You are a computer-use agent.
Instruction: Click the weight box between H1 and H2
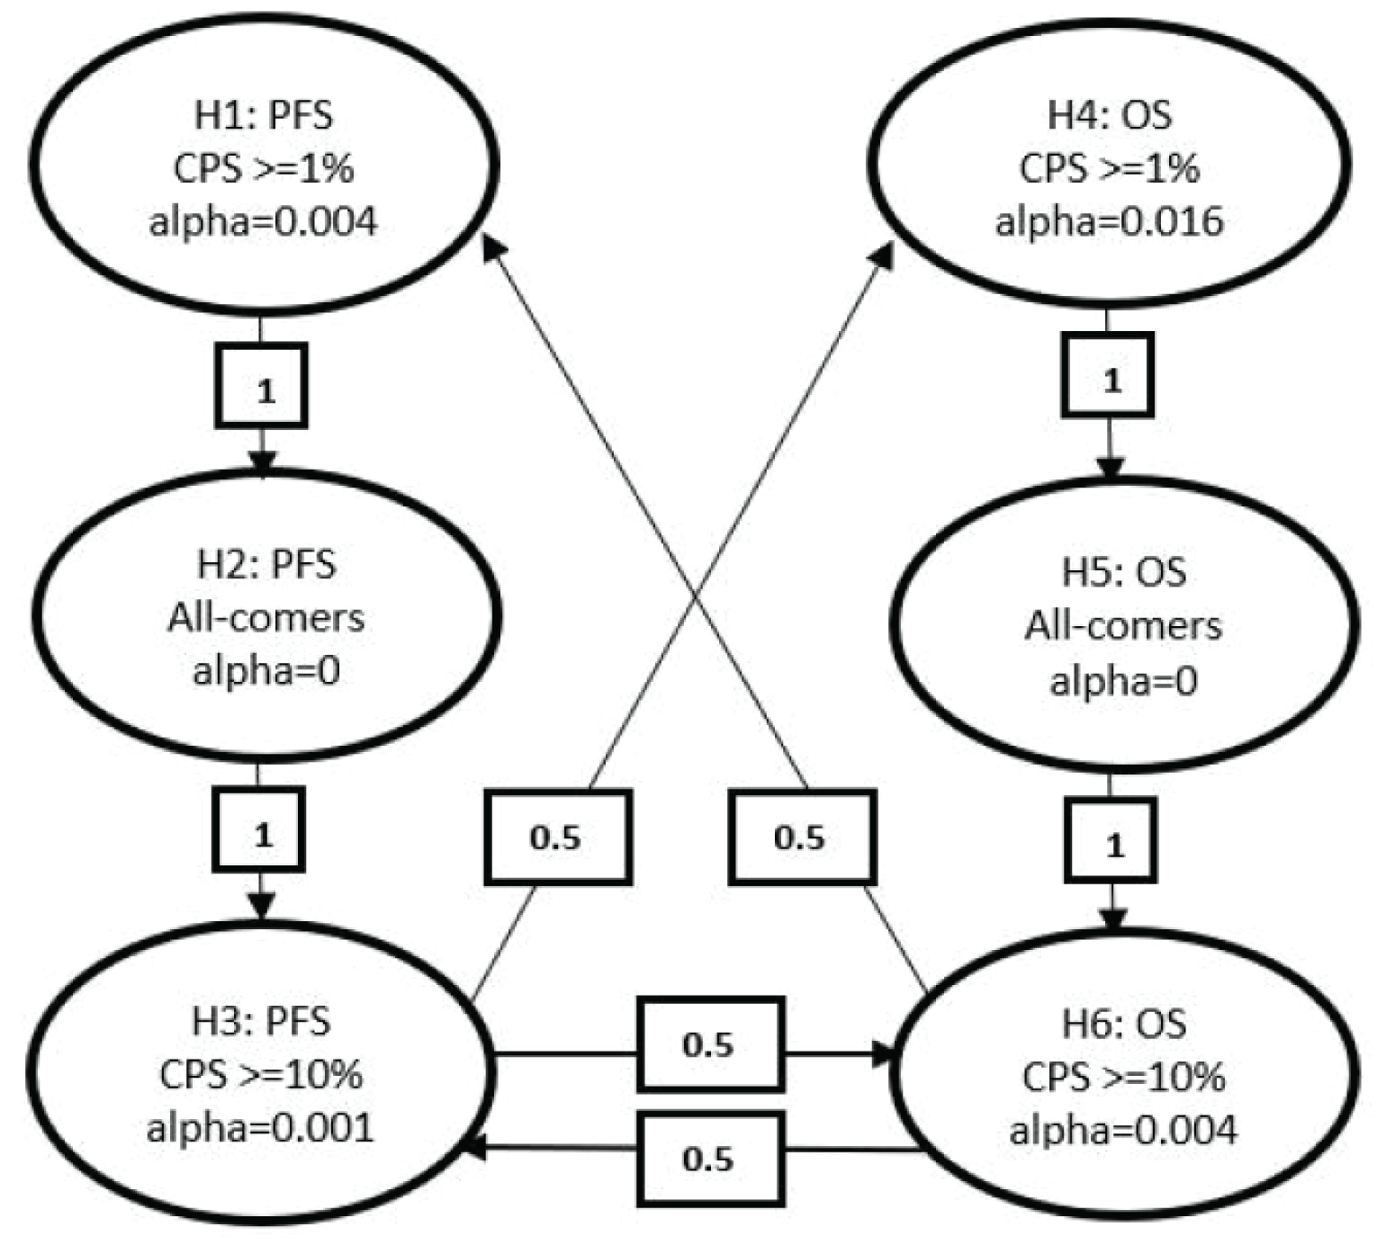pyautogui.click(x=261, y=386)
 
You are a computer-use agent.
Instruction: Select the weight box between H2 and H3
pyautogui.click(x=258, y=829)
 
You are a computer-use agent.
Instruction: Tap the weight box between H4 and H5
pyautogui.click(x=1108, y=375)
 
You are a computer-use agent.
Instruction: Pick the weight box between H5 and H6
pyautogui.click(x=1111, y=840)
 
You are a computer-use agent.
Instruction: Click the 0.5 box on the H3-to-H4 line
pyautogui.click(x=558, y=837)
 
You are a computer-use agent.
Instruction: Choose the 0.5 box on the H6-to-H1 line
pyautogui.click(x=802, y=837)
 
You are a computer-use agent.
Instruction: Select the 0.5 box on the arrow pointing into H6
pyautogui.click(x=711, y=1044)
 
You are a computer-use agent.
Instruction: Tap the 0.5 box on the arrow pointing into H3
pyautogui.click(x=711, y=1159)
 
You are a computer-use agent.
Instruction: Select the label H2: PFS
pyautogui.click(x=266, y=565)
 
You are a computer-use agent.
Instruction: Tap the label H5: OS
pyautogui.click(x=1123, y=572)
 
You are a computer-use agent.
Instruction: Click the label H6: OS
pyautogui.click(x=1123, y=1024)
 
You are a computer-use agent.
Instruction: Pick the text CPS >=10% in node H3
pyautogui.click(x=261, y=1075)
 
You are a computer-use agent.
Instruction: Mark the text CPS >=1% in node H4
pyautogui.click(x=1109, y=168)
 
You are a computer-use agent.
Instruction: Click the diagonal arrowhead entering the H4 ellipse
pyautogui.click(x=884, y=255)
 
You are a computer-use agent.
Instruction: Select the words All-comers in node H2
pyautogui.click(x=266, y=618)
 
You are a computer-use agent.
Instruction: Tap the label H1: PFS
pyautogui.click(x=264, y=115)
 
